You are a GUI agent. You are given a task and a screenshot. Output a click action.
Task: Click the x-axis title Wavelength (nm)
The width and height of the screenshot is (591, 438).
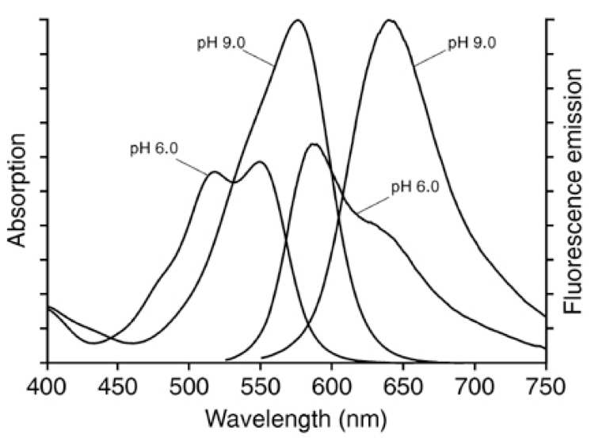(295, 417)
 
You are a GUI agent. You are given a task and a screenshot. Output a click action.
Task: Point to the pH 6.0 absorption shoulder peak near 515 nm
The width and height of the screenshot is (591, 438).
(213, 171)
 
